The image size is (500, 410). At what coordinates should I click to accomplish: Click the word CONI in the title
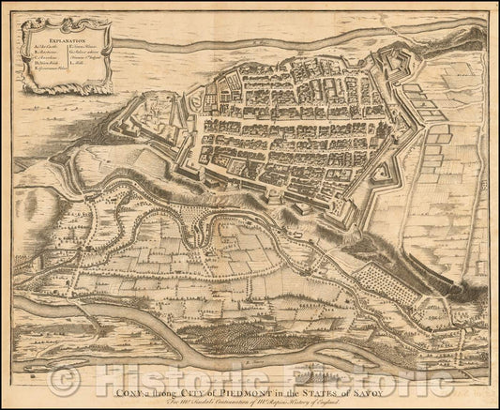(126, 378)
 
